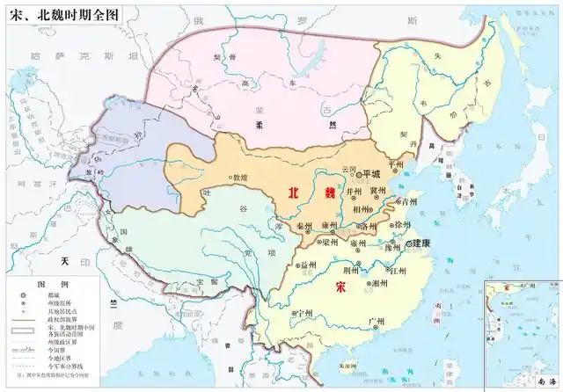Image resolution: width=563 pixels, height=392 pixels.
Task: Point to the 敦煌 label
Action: (238, 178)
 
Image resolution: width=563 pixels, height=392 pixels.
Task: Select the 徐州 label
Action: (402, 225)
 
